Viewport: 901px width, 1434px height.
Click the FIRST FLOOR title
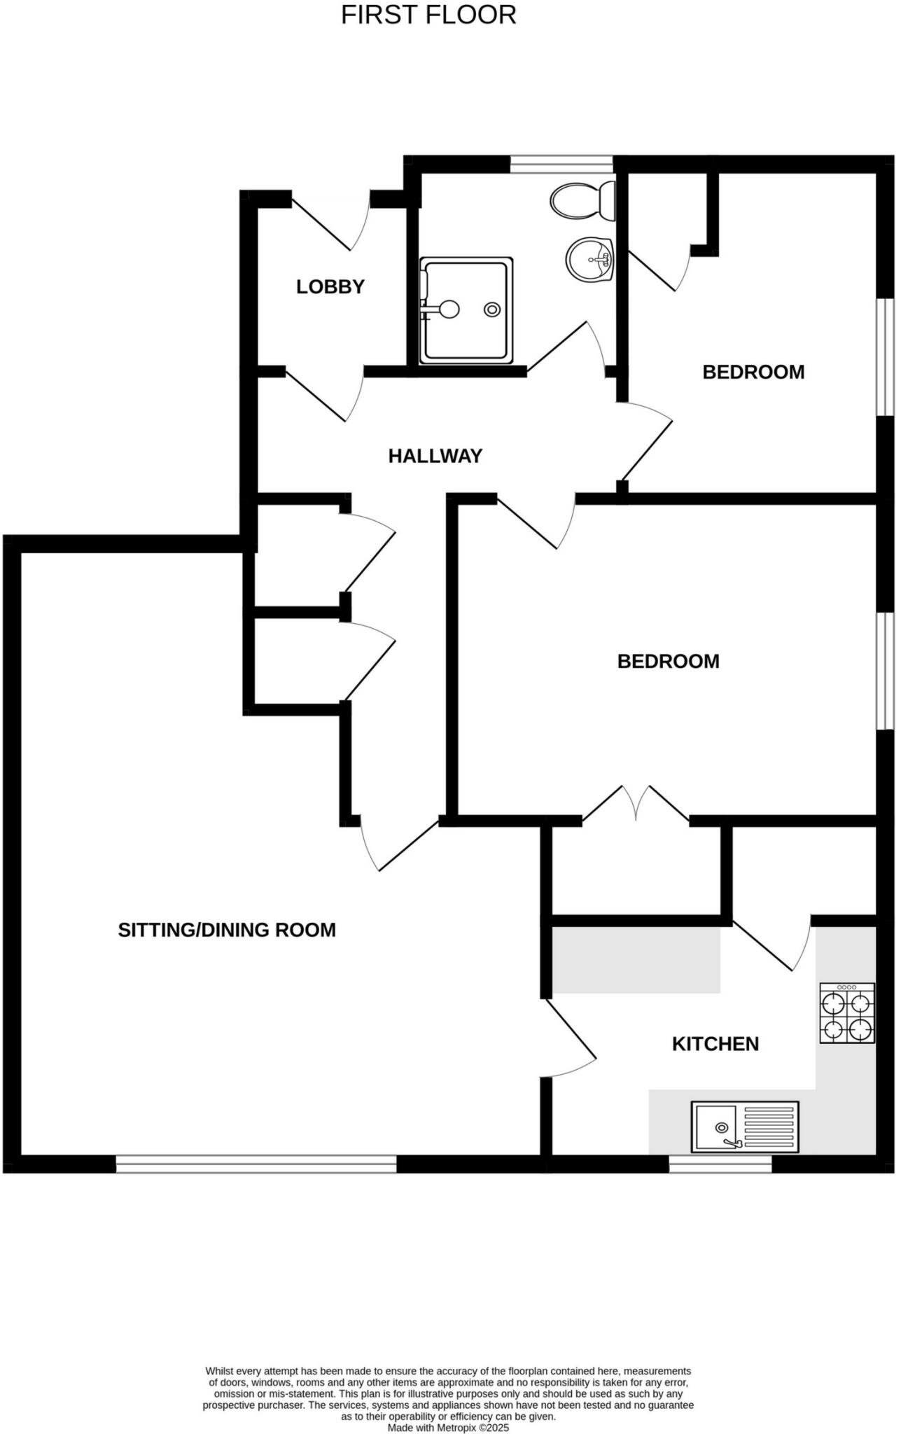428,15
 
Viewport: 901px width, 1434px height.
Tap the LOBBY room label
330,287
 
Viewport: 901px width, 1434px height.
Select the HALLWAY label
435,457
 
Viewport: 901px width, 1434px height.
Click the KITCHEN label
715,1044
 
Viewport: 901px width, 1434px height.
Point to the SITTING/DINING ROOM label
227,930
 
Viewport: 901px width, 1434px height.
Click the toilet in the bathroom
583,200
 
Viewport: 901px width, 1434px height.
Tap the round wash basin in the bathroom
589,258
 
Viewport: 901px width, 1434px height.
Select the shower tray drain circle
493,309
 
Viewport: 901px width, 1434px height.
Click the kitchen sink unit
745,1127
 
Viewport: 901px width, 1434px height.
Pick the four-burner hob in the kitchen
847,1013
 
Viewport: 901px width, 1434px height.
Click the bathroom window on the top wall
561,164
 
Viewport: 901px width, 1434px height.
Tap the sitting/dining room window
256,1164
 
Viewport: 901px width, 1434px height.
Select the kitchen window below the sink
720,1164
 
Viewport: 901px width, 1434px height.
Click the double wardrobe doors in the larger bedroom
636,804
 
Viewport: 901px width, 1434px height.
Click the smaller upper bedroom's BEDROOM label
753,372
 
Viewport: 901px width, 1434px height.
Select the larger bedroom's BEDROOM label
668,662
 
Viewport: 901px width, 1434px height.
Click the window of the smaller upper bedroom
887,357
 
